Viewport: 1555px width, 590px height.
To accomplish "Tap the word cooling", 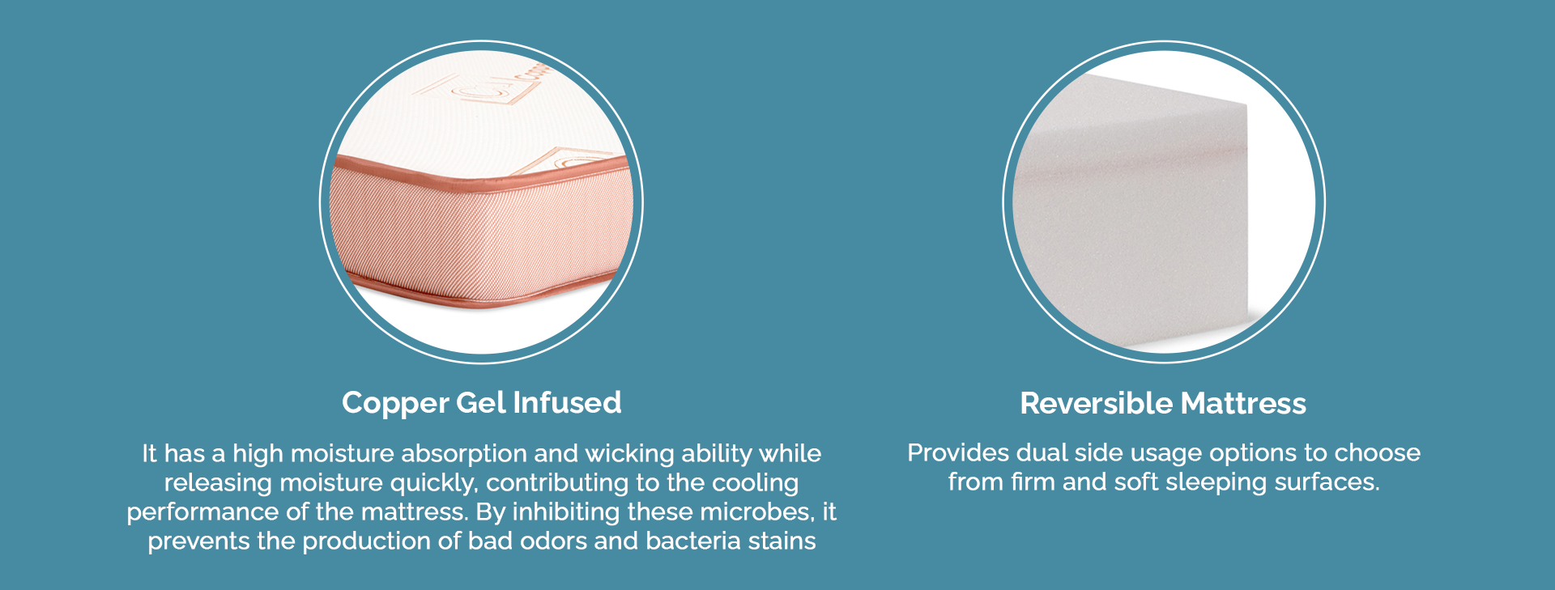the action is point(755,483).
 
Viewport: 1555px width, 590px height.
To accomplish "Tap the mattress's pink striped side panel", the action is point(482,231).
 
